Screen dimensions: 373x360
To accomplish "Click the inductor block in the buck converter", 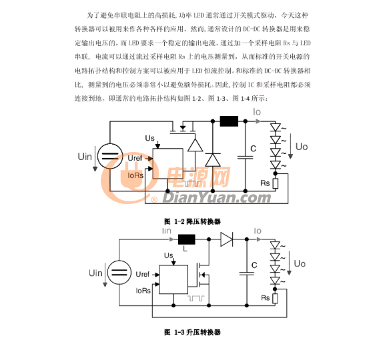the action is [x=229, y=121].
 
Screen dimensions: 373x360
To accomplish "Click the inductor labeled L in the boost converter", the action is [x=187, y=239].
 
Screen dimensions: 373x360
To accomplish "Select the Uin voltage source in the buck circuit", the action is [x=110, y=156].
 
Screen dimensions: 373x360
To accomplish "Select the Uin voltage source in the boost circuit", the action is [x=119, y=273].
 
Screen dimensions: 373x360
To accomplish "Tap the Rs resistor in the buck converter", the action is [x=275, y=183].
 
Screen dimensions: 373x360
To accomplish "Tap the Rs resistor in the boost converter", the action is [x=275, y=299].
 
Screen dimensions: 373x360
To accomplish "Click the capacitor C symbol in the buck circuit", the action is [x=246, y=157].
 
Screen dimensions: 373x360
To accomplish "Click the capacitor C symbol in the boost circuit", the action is [x=247, y=273].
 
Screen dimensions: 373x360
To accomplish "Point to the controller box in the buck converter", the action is [x=167, y=163].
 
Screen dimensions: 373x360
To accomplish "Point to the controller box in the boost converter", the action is [x=173, y=280].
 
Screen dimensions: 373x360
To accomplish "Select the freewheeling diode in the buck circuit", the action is [x=213, y=160].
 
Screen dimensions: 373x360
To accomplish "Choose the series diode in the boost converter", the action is [x=226, y=239].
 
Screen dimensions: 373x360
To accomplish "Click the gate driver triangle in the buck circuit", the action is [x=196, y=145].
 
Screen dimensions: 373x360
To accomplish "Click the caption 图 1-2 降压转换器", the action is [x=192, y=222].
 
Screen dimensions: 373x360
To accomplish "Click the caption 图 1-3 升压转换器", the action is [x=192, y=332].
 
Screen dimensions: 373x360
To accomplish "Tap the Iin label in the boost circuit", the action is [x=167, y=231].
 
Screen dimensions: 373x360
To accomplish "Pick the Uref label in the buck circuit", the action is [x=135, y=158].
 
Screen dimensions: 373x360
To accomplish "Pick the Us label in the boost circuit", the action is [x=168, y=255].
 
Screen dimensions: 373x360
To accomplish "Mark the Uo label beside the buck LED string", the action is [x=302, y=147].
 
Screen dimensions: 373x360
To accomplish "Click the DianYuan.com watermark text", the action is [x=217, y=198].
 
